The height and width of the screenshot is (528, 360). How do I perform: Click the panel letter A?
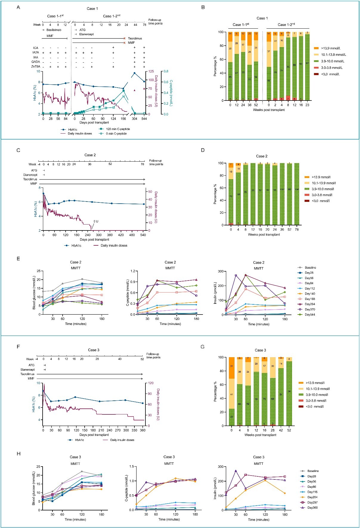(x=18, y=7)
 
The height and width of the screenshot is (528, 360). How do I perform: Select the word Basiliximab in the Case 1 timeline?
(x=54, y=30)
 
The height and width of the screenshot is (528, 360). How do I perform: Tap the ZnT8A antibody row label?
(x=36, y=66)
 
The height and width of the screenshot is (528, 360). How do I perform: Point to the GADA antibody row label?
(x=36, y=62)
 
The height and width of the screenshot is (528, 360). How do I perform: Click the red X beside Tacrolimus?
(x=125, y=38)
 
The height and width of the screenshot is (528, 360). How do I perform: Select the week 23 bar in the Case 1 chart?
(x=307, y=66)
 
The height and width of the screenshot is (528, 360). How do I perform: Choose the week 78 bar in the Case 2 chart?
(x=297, y=194)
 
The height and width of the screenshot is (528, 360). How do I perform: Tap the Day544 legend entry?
(x=310, y=315)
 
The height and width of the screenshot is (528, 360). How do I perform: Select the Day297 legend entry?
(x=312, y=502)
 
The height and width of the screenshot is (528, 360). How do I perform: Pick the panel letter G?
(x=203, y=347)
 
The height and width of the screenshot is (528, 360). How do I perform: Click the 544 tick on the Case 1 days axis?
(x=144, y=119)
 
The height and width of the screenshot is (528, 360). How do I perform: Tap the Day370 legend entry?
(x=310, y=309)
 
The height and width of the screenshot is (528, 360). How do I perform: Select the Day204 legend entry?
(x=312, y=497)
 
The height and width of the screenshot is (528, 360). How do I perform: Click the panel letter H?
(x=18, y=453)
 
